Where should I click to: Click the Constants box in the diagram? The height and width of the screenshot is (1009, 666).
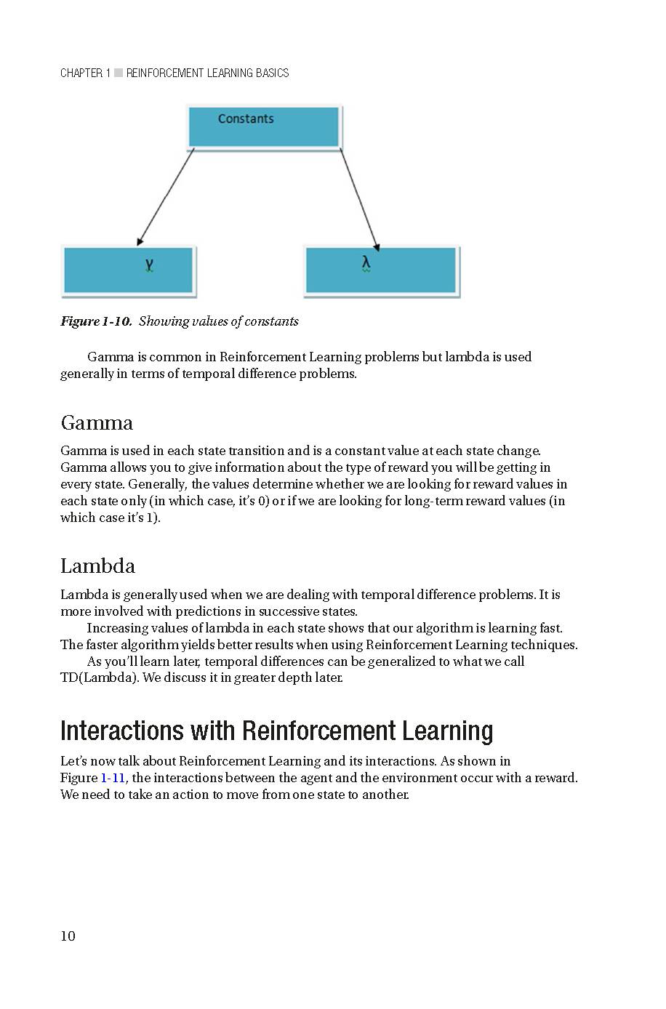[x=264, y=128]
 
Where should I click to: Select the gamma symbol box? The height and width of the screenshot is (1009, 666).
[x=129, y=270]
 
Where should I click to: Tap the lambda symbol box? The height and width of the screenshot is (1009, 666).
[x=381, y=270]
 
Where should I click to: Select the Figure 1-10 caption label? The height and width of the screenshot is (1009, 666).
[x=96, y=321]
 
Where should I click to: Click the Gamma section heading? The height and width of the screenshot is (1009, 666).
[x=97, y=423]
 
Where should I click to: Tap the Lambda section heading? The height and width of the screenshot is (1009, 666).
[x=97, y=566]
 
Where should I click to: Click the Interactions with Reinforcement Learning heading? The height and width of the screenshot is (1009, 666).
[x=276, y=731]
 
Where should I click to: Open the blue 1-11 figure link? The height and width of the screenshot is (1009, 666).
[x=113, y=778]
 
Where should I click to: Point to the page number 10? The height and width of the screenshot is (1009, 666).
[x=68, y=936]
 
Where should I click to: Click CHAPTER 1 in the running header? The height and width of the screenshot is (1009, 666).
[x=85, y=73]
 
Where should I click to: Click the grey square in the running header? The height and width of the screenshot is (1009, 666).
[x=119, y=73]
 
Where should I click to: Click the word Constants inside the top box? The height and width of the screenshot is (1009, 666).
[x=246, y=118]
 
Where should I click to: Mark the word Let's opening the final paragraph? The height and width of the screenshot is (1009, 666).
[x=74, y=761]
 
